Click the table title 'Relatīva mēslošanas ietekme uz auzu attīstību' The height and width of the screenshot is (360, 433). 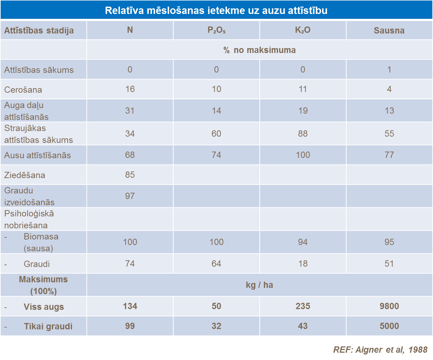pos(216,10)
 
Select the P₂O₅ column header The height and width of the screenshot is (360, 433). pos(216,30)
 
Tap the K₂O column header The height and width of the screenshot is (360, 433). pos(303,30)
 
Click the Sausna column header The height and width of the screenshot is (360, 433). pos(389,31)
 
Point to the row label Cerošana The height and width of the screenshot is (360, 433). pos(23,90)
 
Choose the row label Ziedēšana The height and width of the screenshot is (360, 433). pos(25,175)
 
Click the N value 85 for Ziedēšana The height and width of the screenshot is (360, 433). pos(130,175)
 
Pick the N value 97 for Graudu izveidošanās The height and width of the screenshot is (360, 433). pos(130,196)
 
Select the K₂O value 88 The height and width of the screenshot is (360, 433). pos(303,134)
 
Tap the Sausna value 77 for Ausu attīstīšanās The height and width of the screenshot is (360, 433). pos(389,155)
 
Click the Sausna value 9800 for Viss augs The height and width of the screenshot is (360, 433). pos(389,306)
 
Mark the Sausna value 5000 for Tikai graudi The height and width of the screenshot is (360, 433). pos(389,326)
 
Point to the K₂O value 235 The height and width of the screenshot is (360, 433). pos(303,306)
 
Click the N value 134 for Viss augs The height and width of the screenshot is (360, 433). pos(130,306)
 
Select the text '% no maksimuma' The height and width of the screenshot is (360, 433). pos(259,50)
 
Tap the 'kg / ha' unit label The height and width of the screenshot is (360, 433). pos(259,285)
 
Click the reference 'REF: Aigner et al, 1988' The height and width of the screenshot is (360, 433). pos(380,350)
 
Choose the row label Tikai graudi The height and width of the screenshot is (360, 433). pos(48,327)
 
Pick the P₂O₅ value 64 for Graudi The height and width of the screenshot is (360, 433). pos(216,264)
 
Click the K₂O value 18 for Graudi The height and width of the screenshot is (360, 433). pos(303,264)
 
